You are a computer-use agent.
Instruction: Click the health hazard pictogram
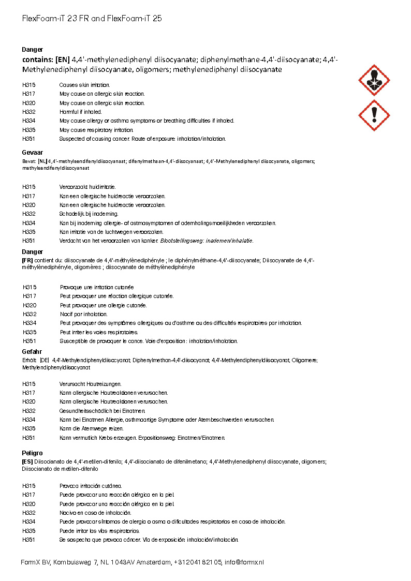coord(374,80)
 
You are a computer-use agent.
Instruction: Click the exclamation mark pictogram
coord(374,115)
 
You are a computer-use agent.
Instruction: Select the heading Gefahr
coord(32,352)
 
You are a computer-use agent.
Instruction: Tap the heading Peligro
coord(32,453)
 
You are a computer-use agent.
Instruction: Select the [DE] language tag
coord(45,361)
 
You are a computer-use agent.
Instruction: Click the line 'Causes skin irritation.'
coord(84,85)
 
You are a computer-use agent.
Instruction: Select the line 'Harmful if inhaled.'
coord(80,112)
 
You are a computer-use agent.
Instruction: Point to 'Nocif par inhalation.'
coord(84,314)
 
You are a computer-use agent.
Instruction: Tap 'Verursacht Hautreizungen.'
coord(91,384)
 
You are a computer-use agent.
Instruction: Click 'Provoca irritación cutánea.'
coord(91,486)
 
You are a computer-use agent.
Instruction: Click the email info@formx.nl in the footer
coord(244,562)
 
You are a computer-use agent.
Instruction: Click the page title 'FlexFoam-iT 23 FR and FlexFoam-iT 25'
coord(92,19)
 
